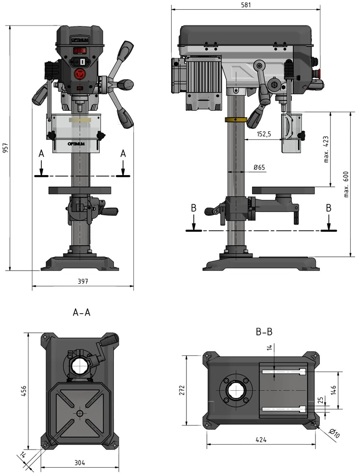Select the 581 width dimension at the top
[246, 4]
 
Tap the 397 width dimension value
[82, 281]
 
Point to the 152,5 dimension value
[264, 134]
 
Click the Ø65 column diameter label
[259, 167]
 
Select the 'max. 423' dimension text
[326, 149]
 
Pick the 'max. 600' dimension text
[346, 184]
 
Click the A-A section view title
[81, 312]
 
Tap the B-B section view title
[264, 332]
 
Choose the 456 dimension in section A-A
[24, 391]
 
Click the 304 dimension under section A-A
[79, 463]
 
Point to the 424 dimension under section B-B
[261, 439]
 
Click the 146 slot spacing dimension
[334, 390]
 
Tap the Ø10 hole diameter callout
[334, 433]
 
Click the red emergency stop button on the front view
[80, 74]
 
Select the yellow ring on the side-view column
[236, 120]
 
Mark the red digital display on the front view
[79, 50]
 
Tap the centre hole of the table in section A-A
[80, 413]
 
